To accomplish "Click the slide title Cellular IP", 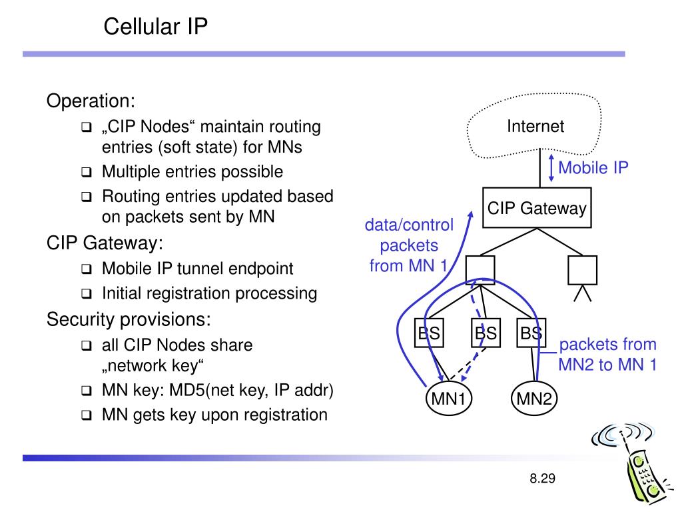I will [156, 27].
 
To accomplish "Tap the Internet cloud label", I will [535, 126].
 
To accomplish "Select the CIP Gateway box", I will [536, 209].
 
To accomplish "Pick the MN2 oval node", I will [535, 399].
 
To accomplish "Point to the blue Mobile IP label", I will [593, 167].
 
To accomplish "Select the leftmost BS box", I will [429, 333].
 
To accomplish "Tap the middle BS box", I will [486, 333].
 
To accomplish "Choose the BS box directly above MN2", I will [531, 333].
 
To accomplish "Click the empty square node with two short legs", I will [582, 270].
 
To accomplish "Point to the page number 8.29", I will [543, 479].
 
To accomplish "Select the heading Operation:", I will [91, 101].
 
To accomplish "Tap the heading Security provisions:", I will [129, 319].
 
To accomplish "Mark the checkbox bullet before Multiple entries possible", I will [87, 173].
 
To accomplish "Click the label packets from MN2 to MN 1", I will [607, 355].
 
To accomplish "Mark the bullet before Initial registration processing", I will [87, 294].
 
